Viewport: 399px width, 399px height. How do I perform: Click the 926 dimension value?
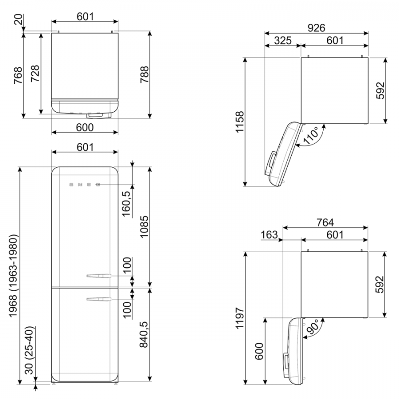coord(316,28)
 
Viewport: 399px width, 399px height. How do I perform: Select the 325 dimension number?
coord(283,40)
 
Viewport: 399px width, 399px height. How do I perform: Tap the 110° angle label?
coord(311,136)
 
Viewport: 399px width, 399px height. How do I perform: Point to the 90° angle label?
coord(313,327)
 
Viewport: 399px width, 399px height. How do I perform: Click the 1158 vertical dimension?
coord(239,121)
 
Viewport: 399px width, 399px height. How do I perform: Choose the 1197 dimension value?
coord(239,318)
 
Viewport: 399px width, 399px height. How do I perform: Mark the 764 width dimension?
coord(325,223)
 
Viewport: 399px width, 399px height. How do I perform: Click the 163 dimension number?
coord(269,235)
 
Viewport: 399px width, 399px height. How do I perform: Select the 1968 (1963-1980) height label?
coord(13,276)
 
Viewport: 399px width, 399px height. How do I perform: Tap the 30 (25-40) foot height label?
coord(29,350)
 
